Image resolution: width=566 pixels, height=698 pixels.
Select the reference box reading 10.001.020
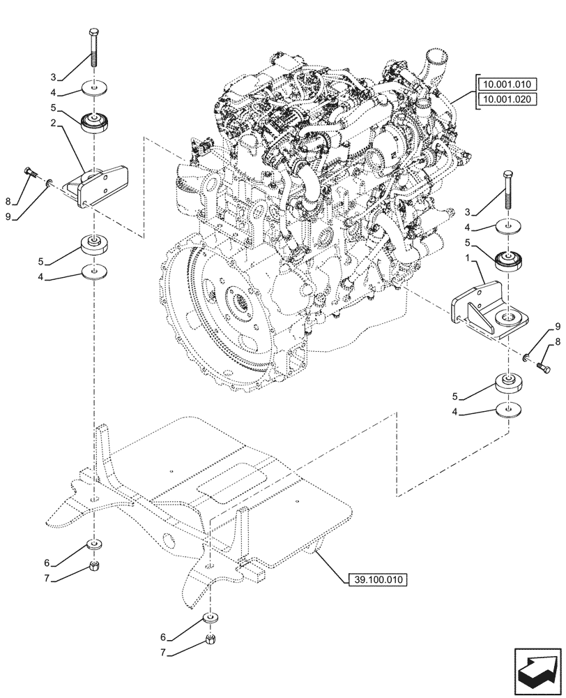click(x=505, y=99)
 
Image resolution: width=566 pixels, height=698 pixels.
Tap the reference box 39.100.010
click(x=377, y=579)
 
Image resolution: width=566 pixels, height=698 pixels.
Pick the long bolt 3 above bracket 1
click(x=509, y=190)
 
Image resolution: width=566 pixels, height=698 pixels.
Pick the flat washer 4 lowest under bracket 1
click(x=509, y=410)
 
